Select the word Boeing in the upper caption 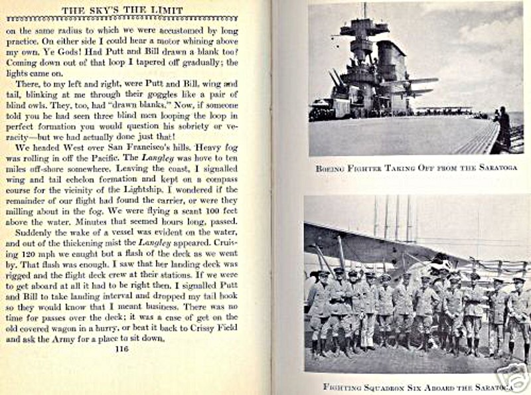tap(331, 168)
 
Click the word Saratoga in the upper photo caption tap(494, 168)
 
